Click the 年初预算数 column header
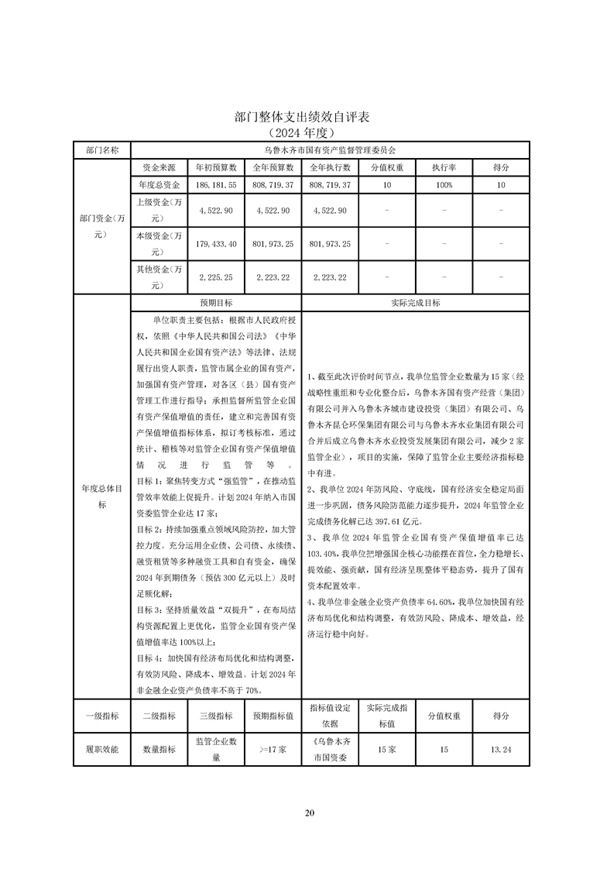216,167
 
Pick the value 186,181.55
216,186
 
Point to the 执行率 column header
444,167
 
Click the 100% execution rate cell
444,186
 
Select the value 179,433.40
216,244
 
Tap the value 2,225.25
216,277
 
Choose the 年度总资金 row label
160,186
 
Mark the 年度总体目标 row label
102,496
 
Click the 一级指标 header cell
102,716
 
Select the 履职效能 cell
102,750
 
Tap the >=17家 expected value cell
273,750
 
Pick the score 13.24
501,750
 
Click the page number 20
309,812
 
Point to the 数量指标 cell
160,750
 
